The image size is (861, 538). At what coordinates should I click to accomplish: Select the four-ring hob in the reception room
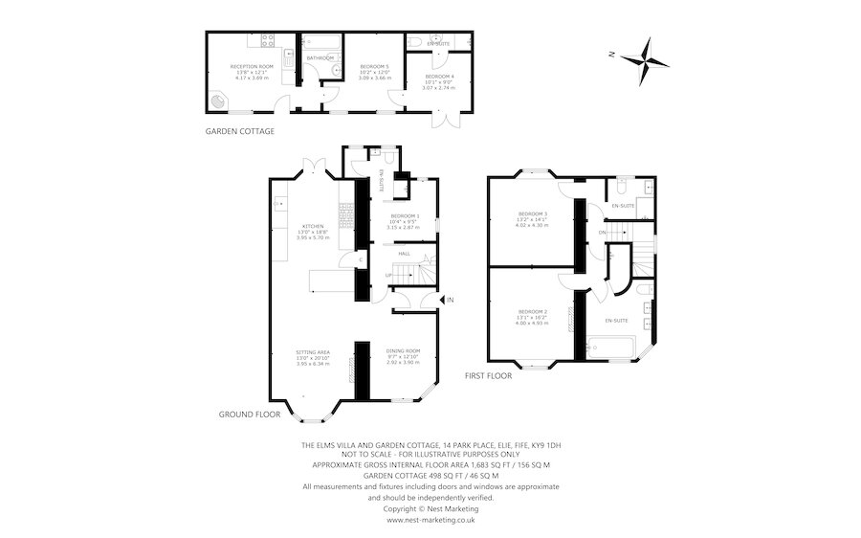click(265, 41)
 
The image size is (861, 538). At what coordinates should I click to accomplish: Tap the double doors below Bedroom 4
click(442, 120)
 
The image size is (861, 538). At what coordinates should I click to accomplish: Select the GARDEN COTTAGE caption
click(240, 131)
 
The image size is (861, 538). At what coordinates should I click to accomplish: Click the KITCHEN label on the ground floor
click(313, 226)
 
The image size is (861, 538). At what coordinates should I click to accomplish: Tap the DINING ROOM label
click(403, 351)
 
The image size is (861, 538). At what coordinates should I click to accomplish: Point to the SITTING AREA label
click(313, 352)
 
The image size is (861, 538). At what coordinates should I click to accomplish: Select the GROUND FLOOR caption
click(248, 415)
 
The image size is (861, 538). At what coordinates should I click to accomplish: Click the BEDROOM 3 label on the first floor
click(533, 213)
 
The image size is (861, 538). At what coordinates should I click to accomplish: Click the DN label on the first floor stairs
click(602, 233)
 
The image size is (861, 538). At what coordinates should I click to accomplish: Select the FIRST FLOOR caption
click(488, 376)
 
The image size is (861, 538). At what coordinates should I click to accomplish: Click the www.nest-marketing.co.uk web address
click(430, 520)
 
